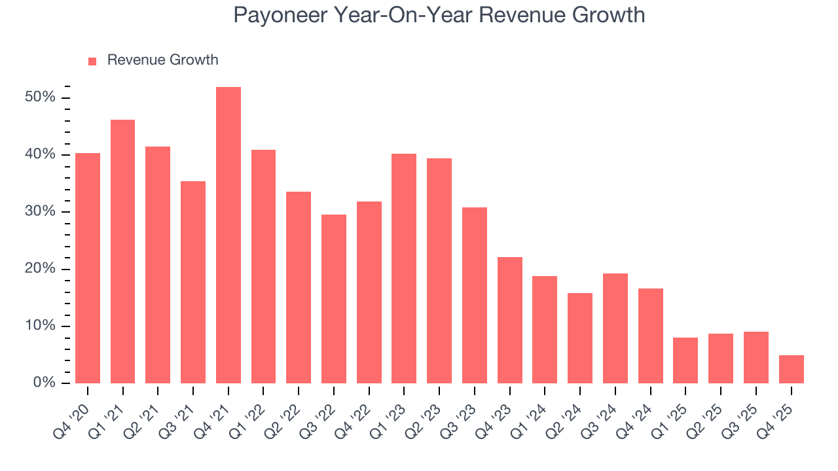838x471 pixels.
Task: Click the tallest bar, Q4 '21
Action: click(228, 235)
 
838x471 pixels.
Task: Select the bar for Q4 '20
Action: click(88, 268)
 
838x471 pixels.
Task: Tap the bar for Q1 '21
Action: click(122, 251)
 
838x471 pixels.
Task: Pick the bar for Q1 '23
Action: click(404, 268)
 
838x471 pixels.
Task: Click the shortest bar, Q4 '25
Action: click(791, 369)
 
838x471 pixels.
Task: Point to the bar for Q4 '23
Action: click(509, 320)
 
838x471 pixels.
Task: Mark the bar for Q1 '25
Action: click(685, 360)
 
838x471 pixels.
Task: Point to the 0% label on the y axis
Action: click(44, 383)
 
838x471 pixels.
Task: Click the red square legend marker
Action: click(92, 61)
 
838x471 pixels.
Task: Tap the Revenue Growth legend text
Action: click(162, 60)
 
